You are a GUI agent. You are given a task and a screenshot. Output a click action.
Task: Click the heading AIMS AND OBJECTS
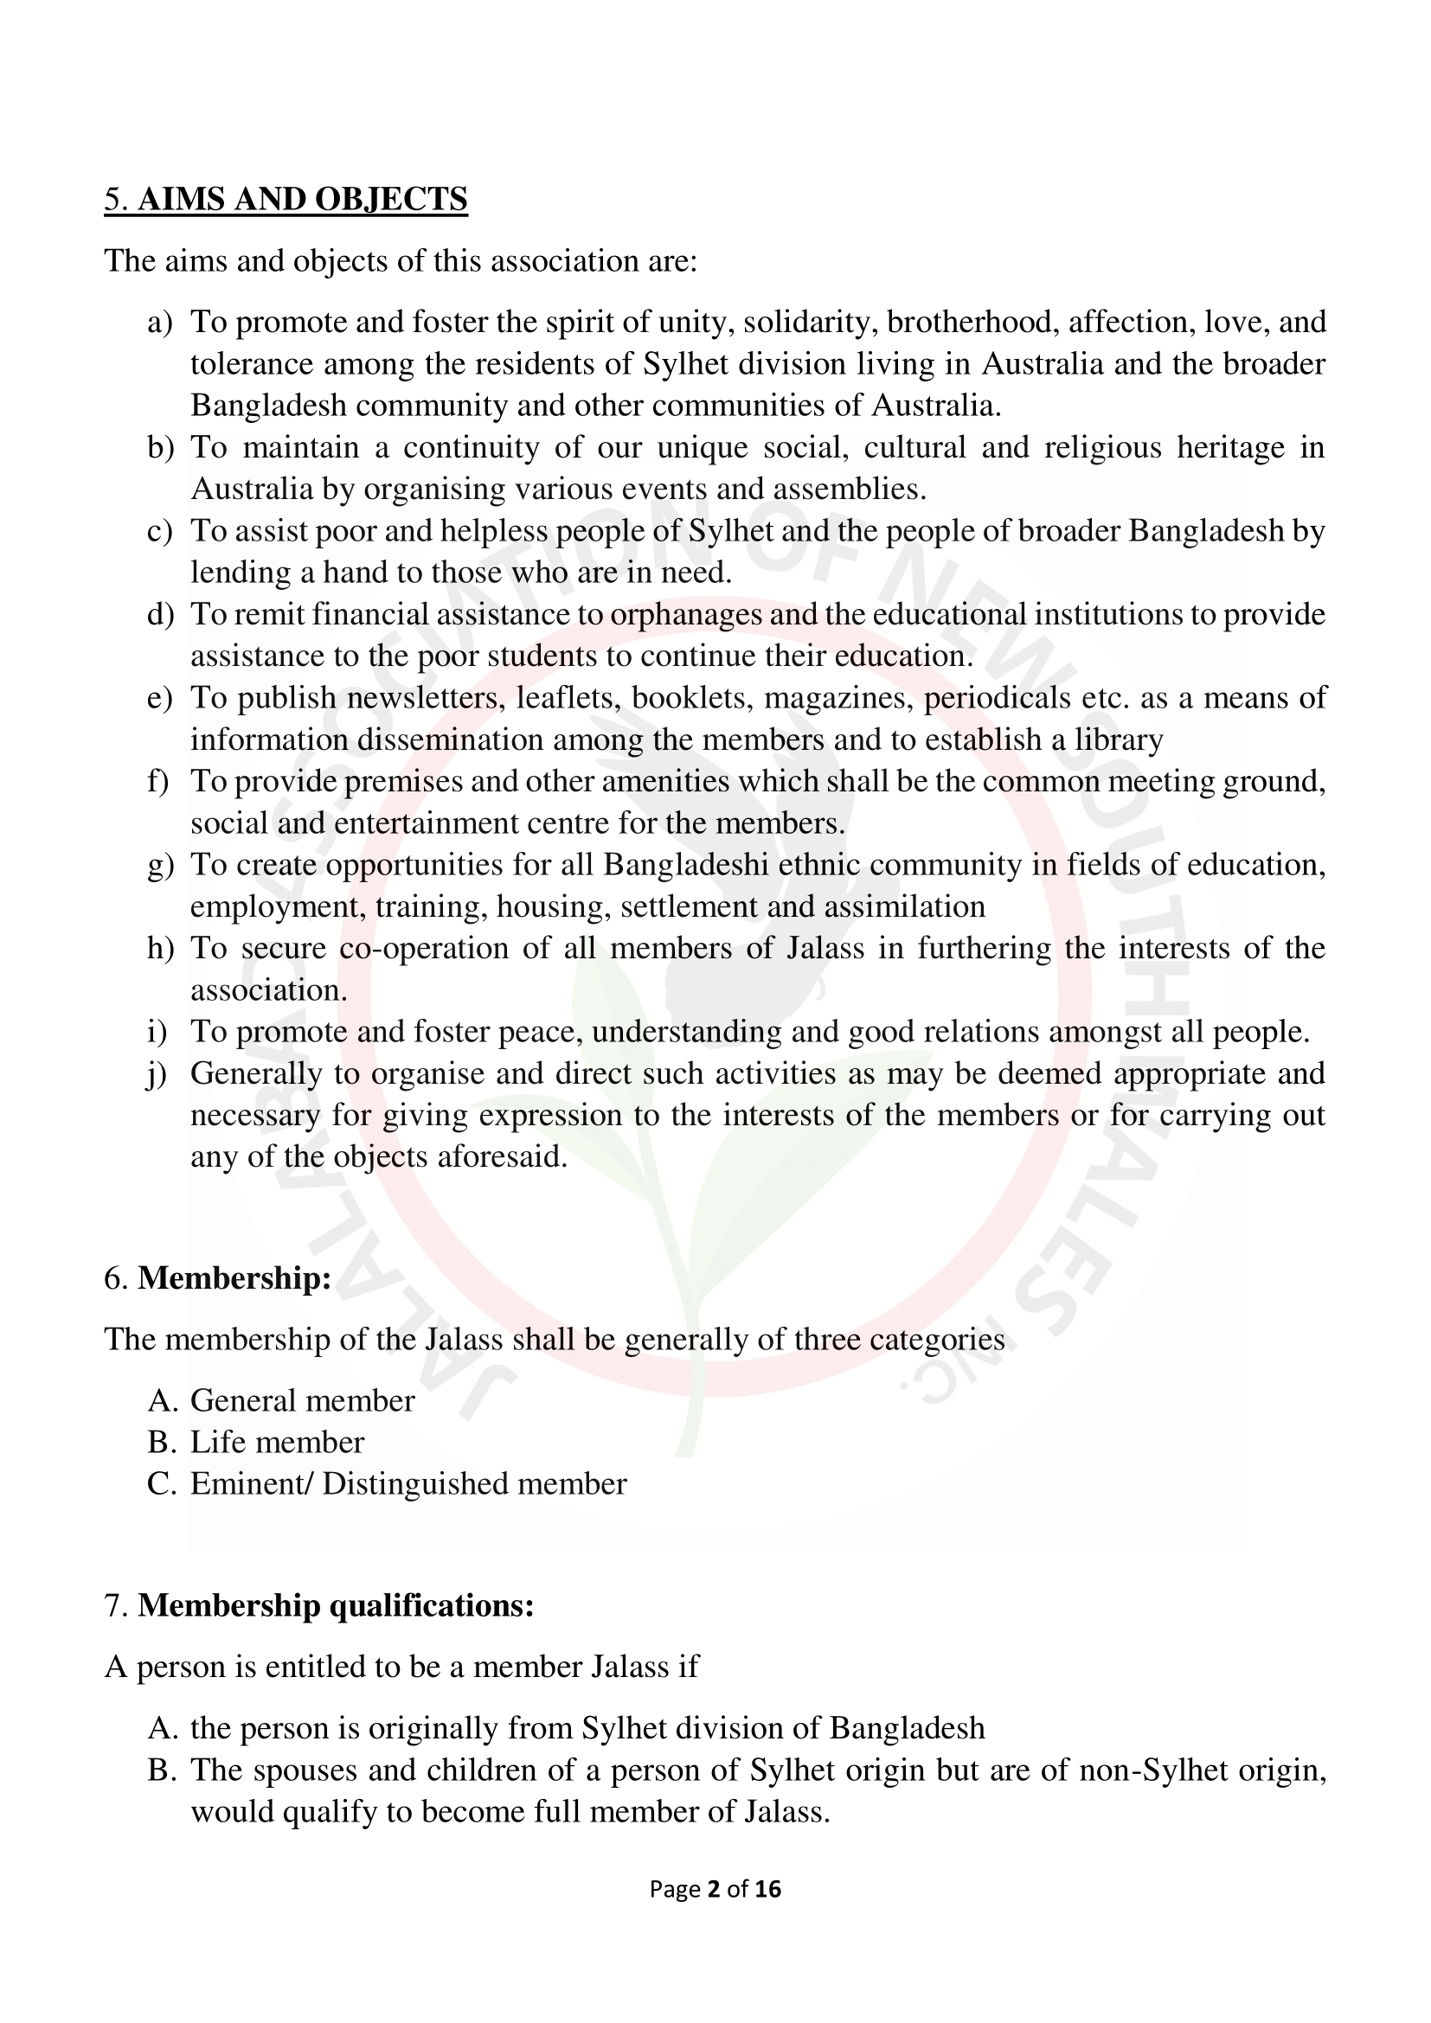click(x=301, y=199)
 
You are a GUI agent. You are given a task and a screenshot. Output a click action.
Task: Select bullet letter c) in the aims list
click(x=159, y=531)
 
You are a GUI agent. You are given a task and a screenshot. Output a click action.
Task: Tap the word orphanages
click(x=685, y=614)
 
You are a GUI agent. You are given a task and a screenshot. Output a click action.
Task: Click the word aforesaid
click(x=503, y=1157)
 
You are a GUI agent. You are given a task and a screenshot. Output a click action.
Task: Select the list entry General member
click(x=301, y=1401)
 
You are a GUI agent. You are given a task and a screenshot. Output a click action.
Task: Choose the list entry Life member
click(x=277, y=1443)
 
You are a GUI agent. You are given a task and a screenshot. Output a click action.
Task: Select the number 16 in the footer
click(x=767, y=1888)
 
